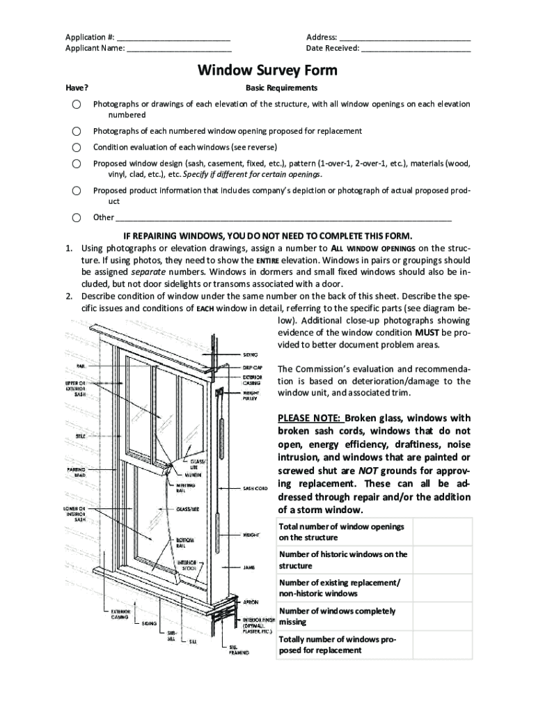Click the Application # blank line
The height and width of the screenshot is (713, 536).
[x=173, y=38]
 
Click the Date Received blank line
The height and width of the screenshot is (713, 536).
[x=416, y=49]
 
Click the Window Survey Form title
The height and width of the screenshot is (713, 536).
[x=267, y=70]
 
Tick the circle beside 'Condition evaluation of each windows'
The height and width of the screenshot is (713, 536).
[x=76, y=147]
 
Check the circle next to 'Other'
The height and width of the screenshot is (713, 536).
[x=76, y=217]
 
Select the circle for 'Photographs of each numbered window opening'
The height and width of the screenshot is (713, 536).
[x=76, y=131]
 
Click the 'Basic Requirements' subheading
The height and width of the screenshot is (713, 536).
[x=281, y=88]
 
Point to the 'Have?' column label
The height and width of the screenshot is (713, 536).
[x=77, y=88]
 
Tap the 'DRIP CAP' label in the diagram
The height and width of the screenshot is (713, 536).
[x=251, y=368]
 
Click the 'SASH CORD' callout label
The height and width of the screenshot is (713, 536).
[x=255, y=488]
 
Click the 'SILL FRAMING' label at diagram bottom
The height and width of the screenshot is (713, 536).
[x=239, y=650]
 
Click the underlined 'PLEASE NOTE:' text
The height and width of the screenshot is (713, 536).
[x=309, y=418]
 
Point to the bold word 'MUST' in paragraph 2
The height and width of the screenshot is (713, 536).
[x=427, y=332]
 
